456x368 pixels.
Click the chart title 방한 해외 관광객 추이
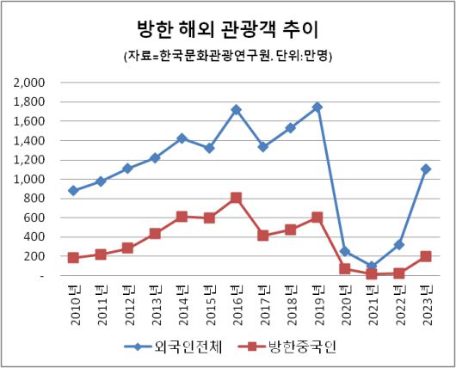(227, 29)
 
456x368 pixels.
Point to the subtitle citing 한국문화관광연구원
(227, 56)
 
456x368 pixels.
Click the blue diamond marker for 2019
(317, 107)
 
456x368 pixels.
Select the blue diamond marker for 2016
(236, 110)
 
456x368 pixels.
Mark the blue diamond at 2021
(372, 267)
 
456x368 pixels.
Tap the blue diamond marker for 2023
(426, 169)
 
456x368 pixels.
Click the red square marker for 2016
(236, 198)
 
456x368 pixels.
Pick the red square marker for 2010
(73, 257)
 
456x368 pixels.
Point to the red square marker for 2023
(426, 256)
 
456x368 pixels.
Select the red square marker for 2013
(154, 233)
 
